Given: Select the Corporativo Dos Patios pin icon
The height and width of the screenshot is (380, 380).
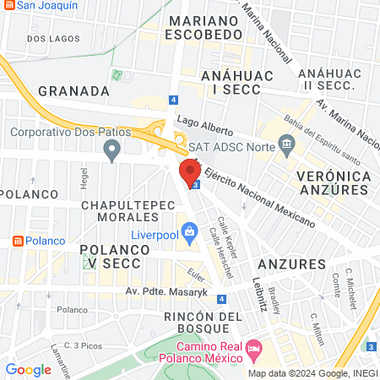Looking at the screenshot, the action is [x=111, y=151].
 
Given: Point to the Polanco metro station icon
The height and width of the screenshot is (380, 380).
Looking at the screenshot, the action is [x=16, y=241].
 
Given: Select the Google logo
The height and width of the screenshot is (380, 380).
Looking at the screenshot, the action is [x=28, y=369].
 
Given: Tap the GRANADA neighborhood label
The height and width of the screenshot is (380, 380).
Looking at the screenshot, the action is [x=73, y=90].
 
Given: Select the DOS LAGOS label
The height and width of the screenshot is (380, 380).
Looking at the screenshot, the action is [x=46, y=39].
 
